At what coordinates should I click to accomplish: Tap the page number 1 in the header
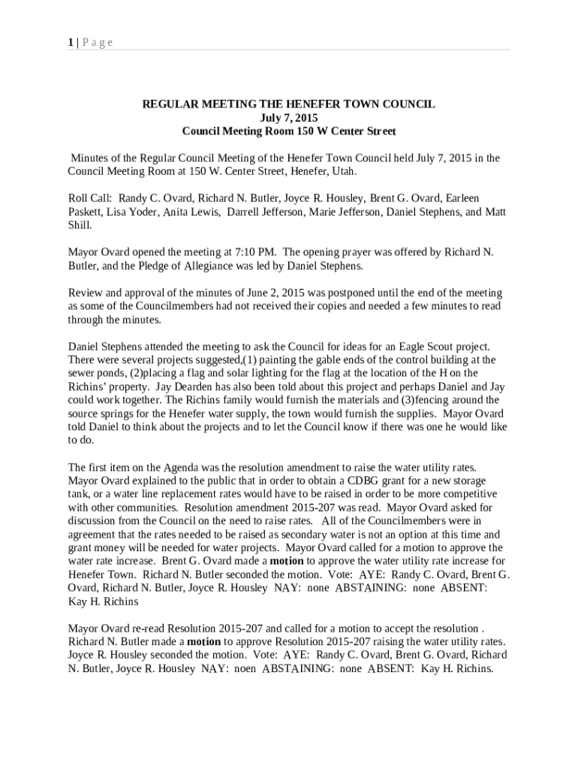71,42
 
